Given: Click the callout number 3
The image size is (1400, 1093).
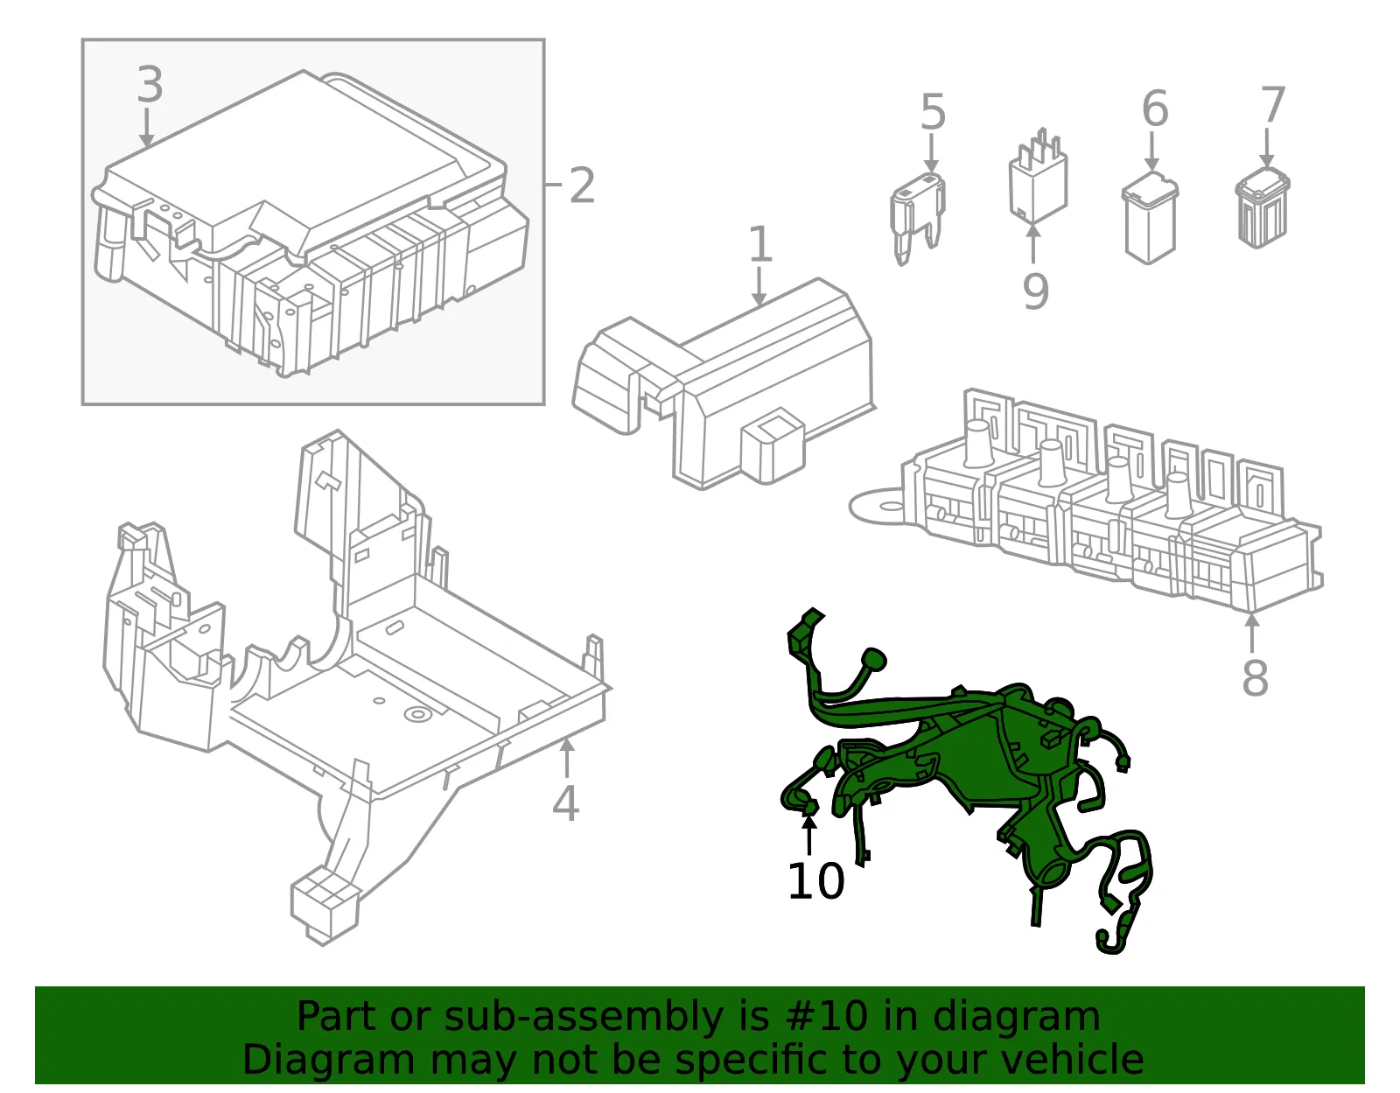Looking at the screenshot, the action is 150,84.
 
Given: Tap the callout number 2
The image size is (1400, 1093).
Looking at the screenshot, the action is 582,186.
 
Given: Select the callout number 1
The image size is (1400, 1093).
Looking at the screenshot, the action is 760,244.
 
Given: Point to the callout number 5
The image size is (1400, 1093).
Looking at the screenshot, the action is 933,112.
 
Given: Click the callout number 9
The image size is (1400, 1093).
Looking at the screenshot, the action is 1036,291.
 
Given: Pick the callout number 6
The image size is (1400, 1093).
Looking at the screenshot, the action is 1154,109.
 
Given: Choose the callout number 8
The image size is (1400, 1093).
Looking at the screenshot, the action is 1255,677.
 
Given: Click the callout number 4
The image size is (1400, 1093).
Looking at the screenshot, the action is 565,803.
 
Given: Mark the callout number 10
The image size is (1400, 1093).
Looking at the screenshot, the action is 815,880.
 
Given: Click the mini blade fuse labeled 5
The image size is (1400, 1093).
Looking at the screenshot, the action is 919,218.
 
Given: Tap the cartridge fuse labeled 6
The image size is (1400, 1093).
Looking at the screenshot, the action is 1150,217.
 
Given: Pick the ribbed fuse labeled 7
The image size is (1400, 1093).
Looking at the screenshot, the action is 1263,207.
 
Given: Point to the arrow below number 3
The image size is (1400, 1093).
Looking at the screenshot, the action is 147,128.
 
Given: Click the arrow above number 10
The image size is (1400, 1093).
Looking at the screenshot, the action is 808,835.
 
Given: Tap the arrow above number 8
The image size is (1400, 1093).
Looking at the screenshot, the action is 1252,635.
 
